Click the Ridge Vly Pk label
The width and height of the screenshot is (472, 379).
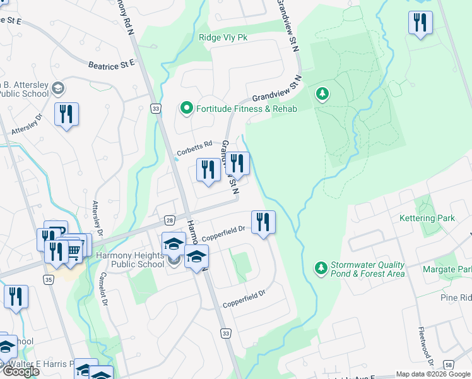224,37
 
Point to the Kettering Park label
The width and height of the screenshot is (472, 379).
427,218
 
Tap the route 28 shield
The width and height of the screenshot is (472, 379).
170,219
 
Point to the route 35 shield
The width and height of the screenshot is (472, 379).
49,279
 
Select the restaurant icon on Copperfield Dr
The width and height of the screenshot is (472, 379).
263,222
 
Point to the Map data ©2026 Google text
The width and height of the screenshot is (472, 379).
433,374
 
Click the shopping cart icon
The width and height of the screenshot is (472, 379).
74,251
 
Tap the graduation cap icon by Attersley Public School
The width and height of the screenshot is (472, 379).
59,87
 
